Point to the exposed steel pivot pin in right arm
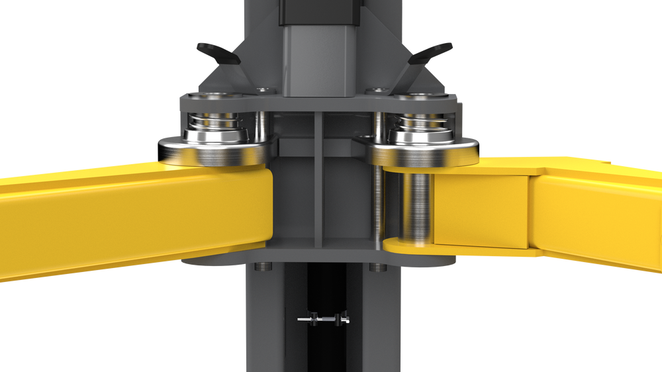pyautogui.click(x=416, y=205)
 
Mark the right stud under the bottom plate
pyautogui.click(x=377, y=267)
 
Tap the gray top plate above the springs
pyautogui.click(x=318, y=103)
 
